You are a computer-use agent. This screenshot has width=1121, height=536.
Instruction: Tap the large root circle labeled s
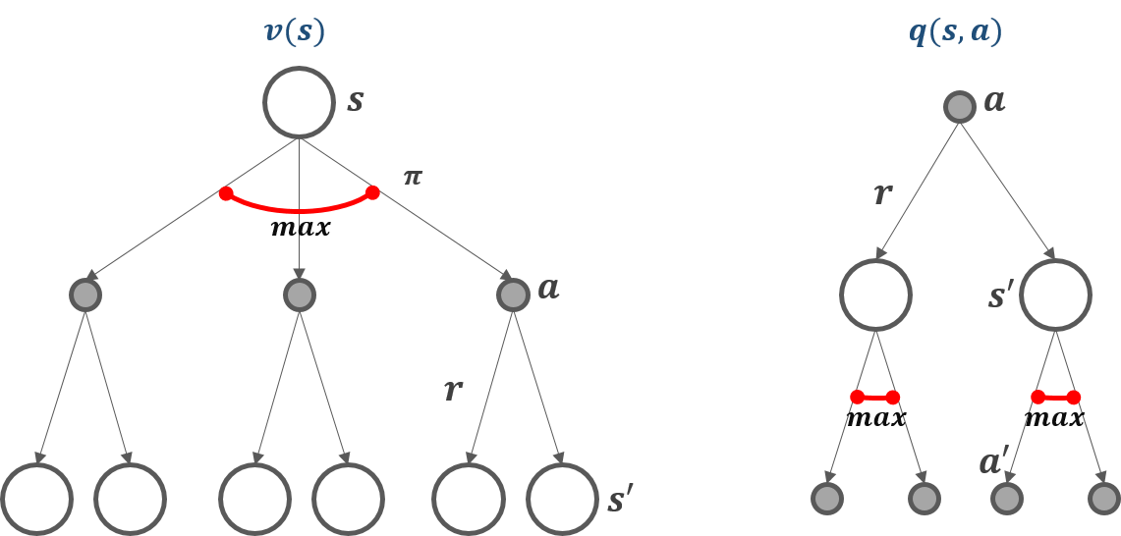(299, 102)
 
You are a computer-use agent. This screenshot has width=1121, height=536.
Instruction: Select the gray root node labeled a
(959, 106)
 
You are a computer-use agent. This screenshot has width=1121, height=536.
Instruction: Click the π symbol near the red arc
(413, 178)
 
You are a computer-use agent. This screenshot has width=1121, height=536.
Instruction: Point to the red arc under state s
(299, 208)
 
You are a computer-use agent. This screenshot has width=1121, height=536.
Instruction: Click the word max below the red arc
(300, 229)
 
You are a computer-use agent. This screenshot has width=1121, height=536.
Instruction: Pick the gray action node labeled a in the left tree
(513, 295)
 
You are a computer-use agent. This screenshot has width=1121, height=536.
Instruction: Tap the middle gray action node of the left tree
(299, 295)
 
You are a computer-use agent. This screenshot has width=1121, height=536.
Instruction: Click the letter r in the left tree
(452, 391)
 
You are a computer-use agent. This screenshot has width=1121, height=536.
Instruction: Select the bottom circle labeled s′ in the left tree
(561, 499)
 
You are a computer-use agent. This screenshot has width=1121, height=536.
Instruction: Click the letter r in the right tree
(882, 193)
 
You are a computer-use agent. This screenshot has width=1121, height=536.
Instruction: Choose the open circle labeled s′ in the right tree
(1055, 294)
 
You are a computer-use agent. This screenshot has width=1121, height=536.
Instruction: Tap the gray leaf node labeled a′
(1004, 499)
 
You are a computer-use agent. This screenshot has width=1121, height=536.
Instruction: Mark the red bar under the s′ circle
(1055, 398)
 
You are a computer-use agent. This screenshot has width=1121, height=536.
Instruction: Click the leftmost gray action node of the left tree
(85, 295)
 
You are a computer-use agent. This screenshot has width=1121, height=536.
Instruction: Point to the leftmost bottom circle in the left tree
(36, 499)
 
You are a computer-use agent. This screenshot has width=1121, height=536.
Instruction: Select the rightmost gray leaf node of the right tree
(1103, 499)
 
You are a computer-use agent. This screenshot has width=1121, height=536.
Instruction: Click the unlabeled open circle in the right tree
(875, 294)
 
